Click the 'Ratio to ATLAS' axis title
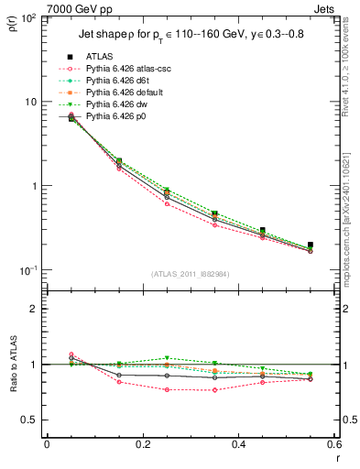(x=14, y=385)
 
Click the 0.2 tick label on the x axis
(x=142, y=444)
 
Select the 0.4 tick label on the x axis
(x=238, y=444)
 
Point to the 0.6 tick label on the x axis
(x=333, y=444)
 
